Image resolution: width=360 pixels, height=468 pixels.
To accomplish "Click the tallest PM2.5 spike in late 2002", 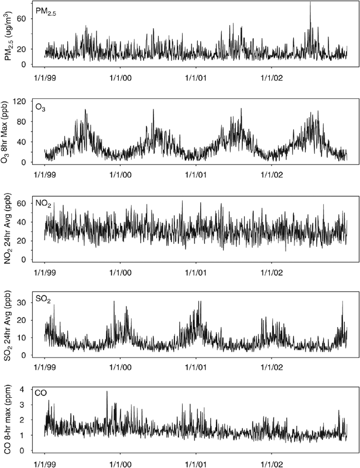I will (x=310, y=4).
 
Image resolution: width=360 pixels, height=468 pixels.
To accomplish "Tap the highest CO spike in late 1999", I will (x=107, y=392).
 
